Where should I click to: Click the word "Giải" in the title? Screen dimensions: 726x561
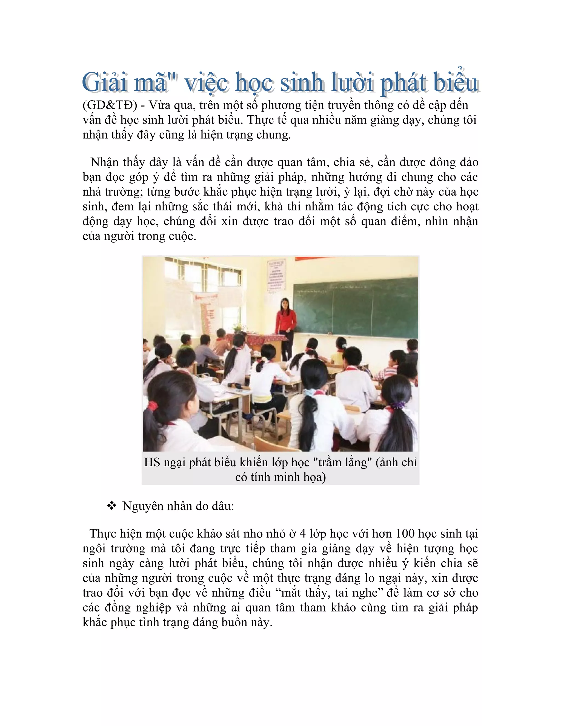[104, 82]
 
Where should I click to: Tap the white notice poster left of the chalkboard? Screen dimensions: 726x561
[276, 276]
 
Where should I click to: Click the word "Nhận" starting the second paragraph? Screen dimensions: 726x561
[104, 162]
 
